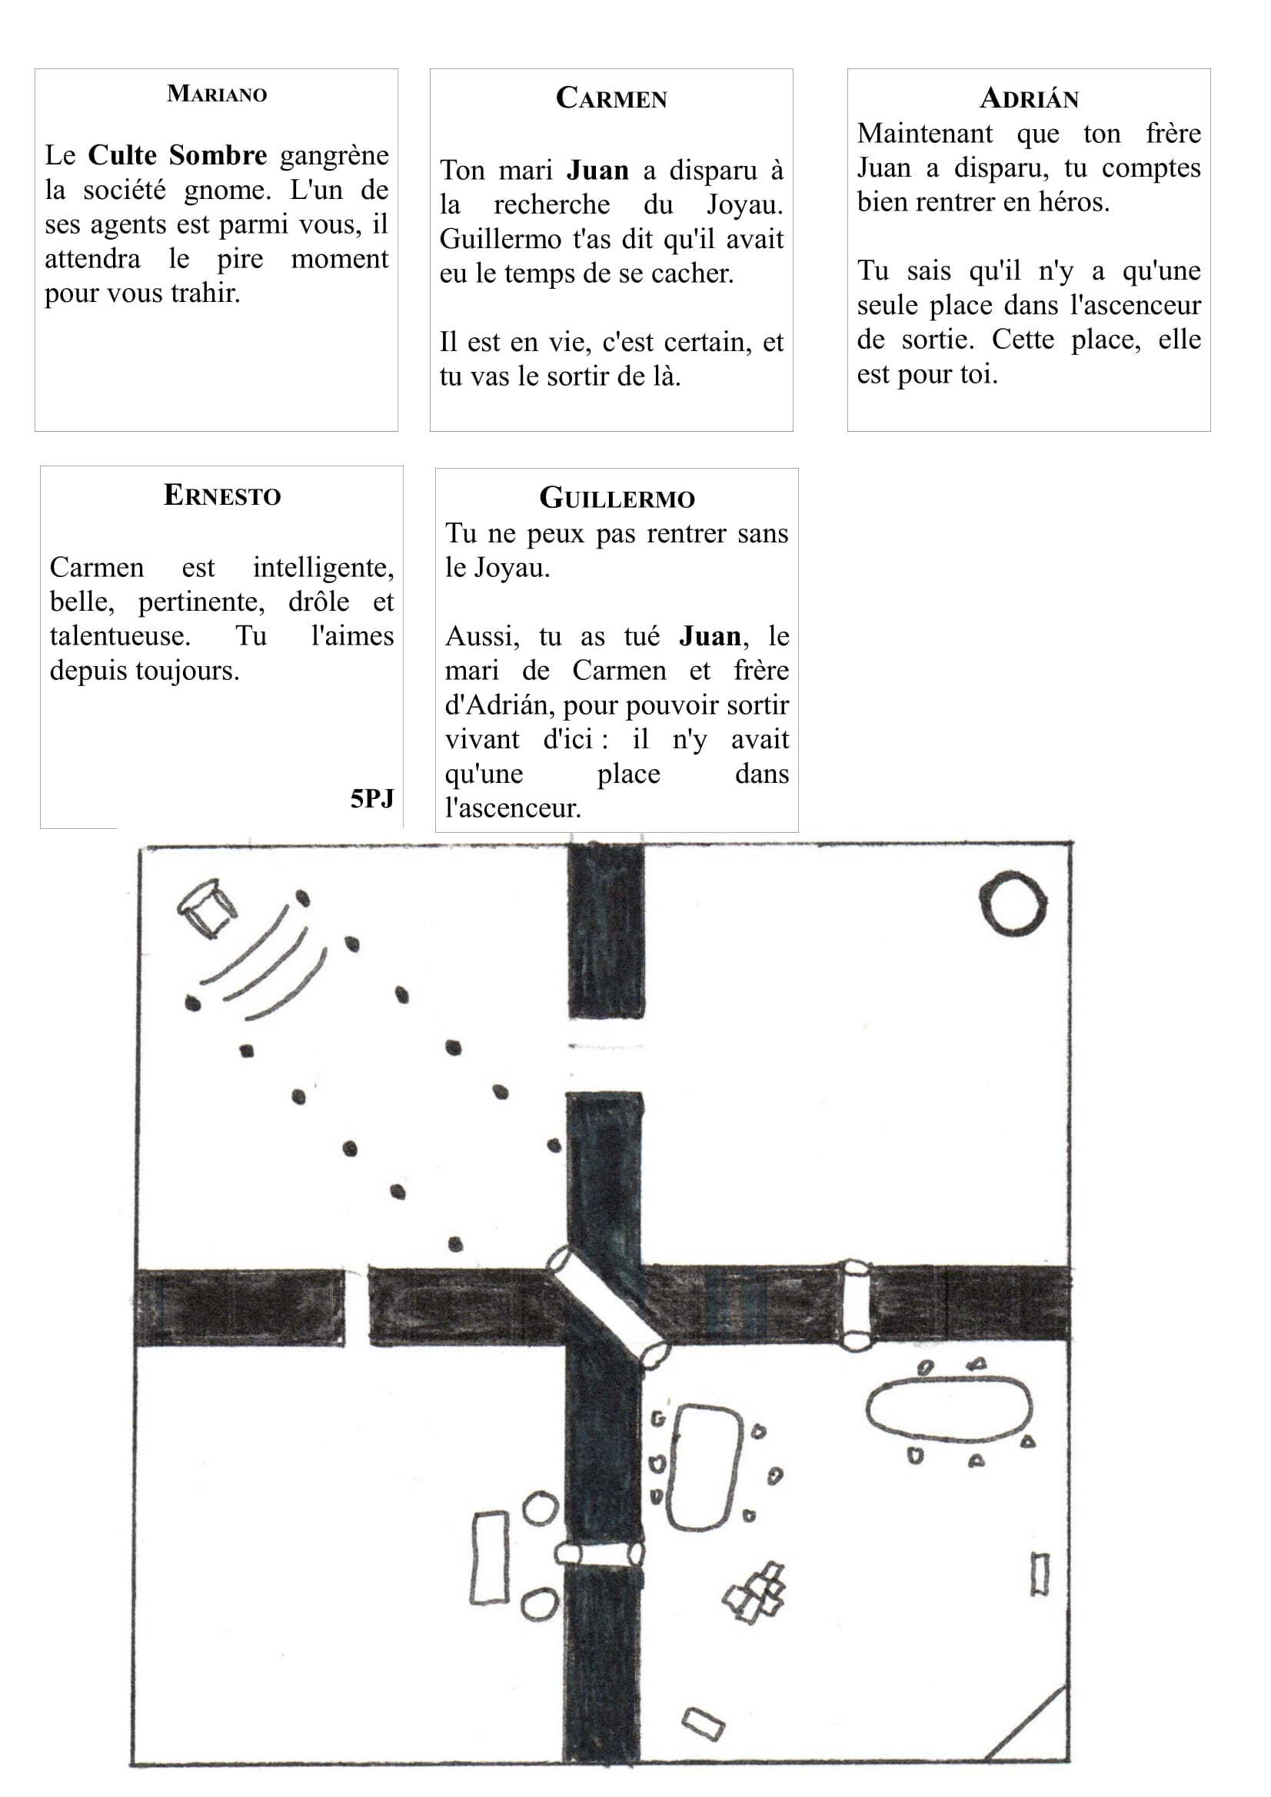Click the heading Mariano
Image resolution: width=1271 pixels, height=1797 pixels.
click(217, 94)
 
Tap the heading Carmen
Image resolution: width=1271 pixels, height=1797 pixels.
click(611, 98)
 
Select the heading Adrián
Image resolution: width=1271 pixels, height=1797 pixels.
click(1029, 98)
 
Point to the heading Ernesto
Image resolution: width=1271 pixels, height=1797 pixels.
click(221, 496)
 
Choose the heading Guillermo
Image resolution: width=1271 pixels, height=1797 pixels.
click(617, 498)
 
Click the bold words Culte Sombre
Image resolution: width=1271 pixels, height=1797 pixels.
click(177, 155)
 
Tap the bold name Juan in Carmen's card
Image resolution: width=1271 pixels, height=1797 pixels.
click(597, 170)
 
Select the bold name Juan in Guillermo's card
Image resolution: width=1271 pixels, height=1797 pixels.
click(710, 635)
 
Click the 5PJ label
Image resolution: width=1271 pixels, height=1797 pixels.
click(372, 798)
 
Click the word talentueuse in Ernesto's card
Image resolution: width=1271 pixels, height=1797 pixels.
click(120, 635)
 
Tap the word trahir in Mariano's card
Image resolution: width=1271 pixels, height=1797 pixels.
click(205, 293)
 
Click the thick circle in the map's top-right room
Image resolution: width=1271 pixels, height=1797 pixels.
click(1013, 904)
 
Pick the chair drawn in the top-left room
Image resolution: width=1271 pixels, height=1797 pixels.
click(207, 908)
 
